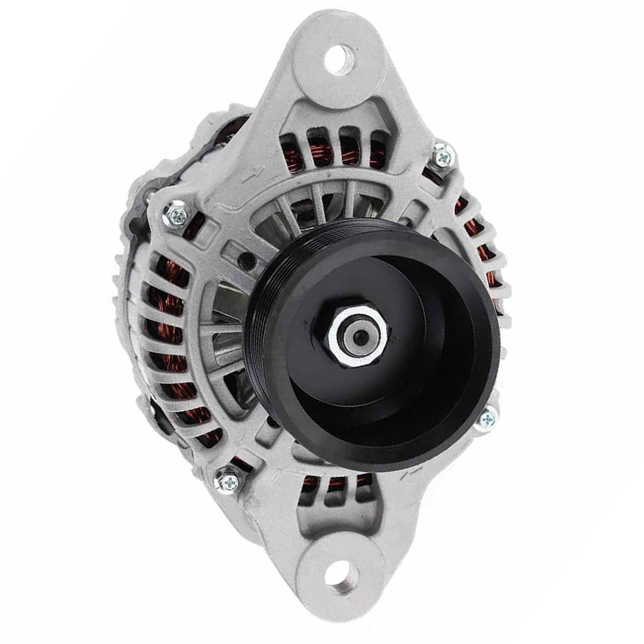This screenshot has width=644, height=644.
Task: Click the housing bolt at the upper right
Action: click(442, 156)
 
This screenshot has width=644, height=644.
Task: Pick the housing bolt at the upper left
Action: click(176, 213)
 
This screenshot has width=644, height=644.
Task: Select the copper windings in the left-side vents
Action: click(167, 334)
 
